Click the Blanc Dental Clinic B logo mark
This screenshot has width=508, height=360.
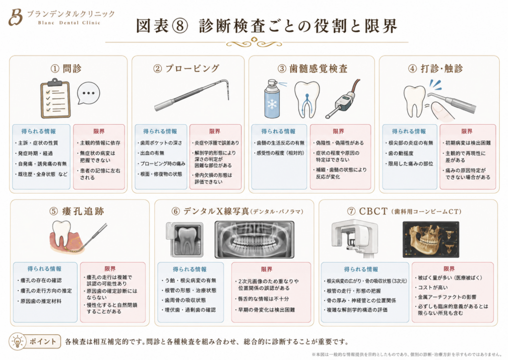tap(15, 17)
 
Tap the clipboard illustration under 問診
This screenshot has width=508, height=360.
tap(56, 99)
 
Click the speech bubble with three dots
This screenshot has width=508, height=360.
tap(88, 93)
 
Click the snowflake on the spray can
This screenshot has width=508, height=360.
tap(272, 104)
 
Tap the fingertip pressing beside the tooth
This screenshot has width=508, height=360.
tap(443, 111)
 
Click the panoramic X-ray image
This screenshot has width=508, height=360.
tap(254, 240)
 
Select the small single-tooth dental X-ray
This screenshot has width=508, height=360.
tap(185, 239)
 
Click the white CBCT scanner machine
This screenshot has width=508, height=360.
tap(354, 239)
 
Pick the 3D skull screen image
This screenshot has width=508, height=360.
tap(431, 239)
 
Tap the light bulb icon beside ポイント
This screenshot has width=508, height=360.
tap(17, 342)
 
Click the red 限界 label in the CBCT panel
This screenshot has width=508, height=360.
tap(449, 269)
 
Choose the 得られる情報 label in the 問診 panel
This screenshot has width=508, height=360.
tap(39, 132)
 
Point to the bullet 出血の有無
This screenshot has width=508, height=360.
tap(150, 153)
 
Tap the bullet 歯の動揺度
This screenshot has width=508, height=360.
tap(399, 153)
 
